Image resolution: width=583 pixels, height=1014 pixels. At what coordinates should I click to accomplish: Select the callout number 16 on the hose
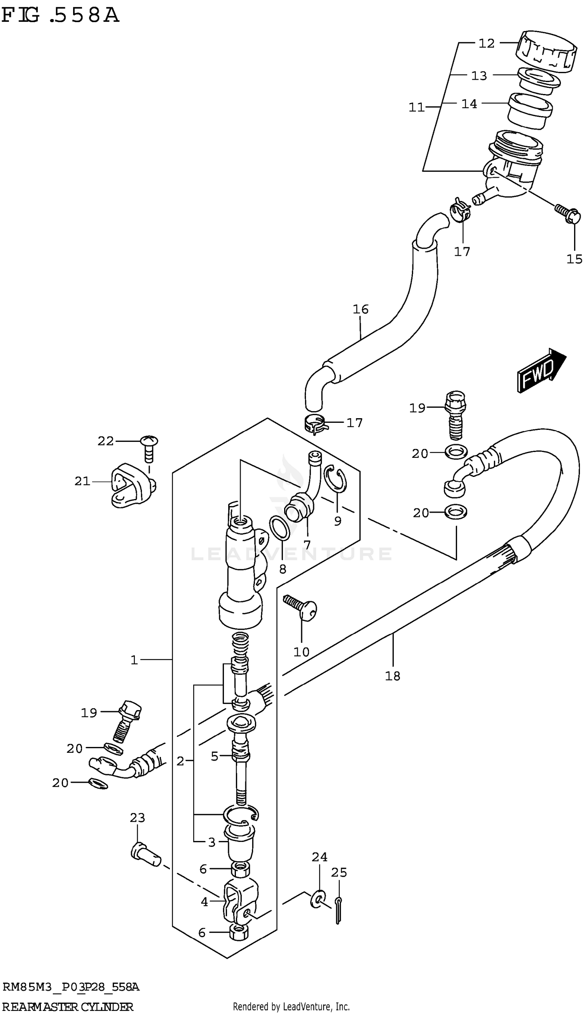[x=360, y=309]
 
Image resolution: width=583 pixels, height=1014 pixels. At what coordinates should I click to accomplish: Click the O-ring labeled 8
[x=279, y=528]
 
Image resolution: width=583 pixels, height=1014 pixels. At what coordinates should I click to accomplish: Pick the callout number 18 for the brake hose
[x=393, y=676]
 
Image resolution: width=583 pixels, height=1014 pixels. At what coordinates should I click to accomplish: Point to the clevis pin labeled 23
[x=145, y=856]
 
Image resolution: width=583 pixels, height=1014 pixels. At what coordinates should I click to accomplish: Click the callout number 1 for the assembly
[x=134, y=660]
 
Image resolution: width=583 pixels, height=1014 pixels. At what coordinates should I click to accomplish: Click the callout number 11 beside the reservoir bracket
[x=416, y=107]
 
